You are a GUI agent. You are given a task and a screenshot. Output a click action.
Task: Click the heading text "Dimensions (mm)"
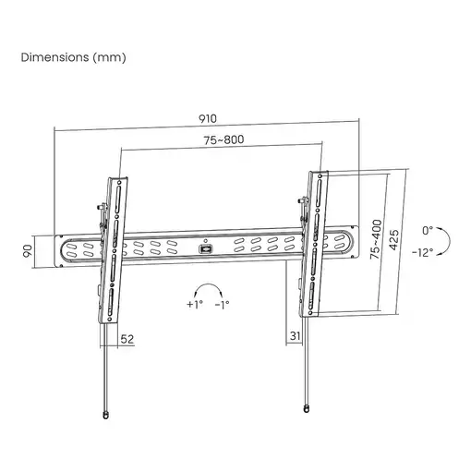coord(74,57)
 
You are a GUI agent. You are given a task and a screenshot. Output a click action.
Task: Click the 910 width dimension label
coord(208,119)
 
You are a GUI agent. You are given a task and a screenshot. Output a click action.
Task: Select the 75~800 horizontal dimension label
coord(223,140)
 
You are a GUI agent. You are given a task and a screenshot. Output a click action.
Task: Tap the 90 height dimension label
coord(28,251)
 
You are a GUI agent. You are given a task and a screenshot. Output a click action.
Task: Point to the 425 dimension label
coord(394,240)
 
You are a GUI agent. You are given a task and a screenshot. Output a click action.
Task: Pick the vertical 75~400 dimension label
coord(376,239)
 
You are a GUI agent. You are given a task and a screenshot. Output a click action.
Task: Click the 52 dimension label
coord(127,339)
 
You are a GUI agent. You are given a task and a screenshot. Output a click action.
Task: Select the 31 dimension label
coord(295,335)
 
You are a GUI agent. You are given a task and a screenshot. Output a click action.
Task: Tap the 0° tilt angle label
coord(428,231)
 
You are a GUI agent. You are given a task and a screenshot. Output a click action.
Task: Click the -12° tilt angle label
coord(423,253)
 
